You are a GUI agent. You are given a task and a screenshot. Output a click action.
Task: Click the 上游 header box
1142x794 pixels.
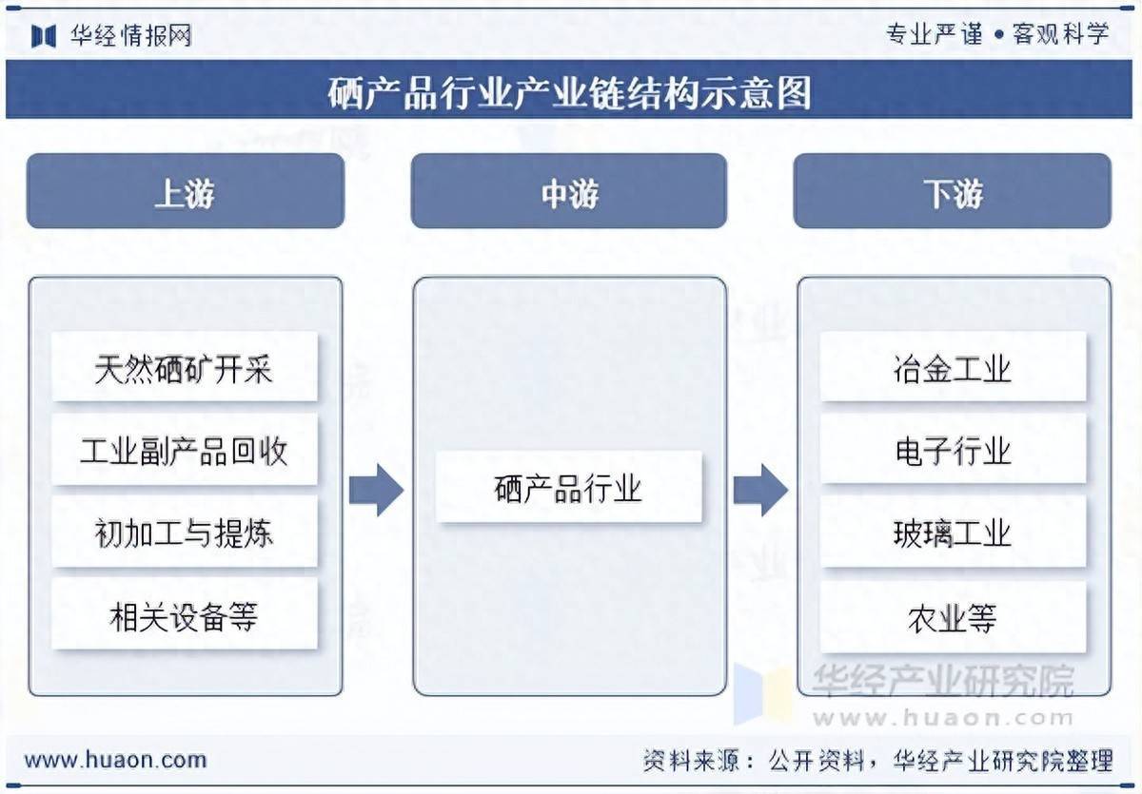click(185, 191)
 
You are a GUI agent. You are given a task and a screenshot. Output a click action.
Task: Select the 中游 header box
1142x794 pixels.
click(568, 191)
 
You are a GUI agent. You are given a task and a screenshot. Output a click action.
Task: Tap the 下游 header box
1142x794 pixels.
click(952, 191)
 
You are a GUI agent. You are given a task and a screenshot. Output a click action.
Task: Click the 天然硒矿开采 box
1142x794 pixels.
click(185, 368)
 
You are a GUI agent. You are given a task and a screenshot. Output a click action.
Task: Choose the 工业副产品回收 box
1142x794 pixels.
click(185, 450)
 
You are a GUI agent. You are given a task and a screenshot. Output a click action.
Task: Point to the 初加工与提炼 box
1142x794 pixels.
click(185, 533)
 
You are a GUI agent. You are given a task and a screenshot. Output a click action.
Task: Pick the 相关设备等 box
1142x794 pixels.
click(185, 616)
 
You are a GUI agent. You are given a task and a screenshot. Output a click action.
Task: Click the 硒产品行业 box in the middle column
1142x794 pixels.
click(568, 487)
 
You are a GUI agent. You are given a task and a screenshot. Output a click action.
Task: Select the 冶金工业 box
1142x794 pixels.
click(953, 367)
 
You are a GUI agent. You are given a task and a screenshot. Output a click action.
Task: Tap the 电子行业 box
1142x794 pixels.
click(953, 450)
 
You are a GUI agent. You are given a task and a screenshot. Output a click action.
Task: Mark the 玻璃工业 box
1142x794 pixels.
click(953, 533)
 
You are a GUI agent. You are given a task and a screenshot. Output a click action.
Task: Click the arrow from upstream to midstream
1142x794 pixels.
click(376, 490)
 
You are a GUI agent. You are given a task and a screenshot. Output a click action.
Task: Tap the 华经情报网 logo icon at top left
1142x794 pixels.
click(45, 36)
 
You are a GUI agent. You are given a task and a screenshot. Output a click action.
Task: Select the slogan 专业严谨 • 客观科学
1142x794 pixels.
click(997, 34)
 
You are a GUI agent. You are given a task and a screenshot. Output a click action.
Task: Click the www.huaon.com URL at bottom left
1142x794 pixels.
click(115, 760)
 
